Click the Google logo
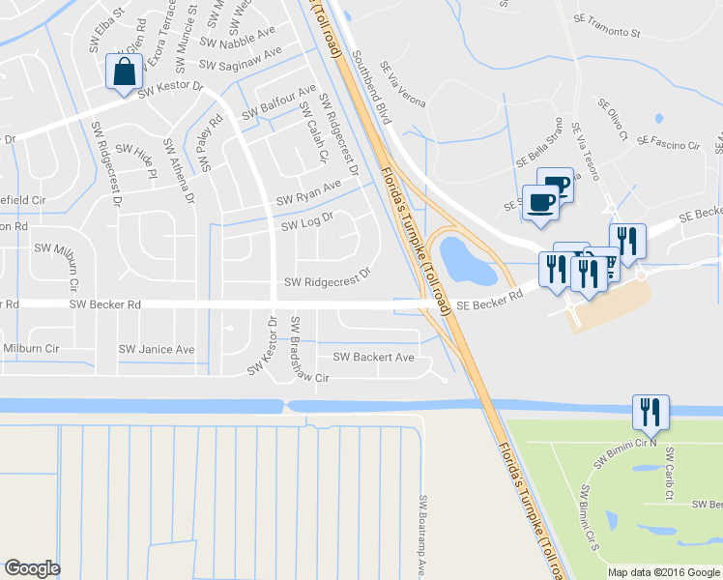pos(32,567)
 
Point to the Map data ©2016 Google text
pos(662,571)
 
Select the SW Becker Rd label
pos(105,304)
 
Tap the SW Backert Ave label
pos(373,358)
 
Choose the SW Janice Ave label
pos(157,349)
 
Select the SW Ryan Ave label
pos(309,191)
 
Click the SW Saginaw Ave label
pos(240,58)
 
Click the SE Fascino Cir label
pos(668,143)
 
